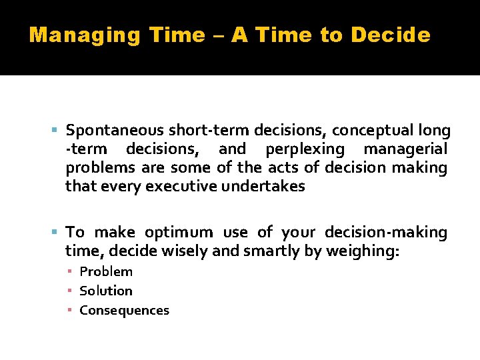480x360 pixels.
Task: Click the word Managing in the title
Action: tap(85, 35)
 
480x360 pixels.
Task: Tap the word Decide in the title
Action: tap(392, 35)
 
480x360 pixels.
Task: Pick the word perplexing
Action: tap(305, 149)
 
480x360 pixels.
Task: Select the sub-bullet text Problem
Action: tap(106, 271)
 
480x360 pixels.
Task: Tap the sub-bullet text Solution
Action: tap(106, 291)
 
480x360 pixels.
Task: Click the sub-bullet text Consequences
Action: tap(124, 310)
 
